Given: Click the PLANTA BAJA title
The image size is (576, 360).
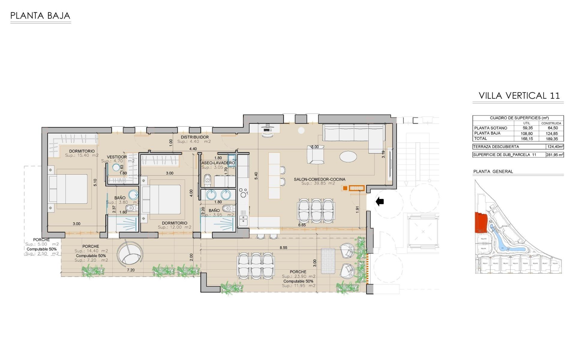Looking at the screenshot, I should click(x=40, y=16).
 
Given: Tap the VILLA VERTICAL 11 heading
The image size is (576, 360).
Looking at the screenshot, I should click(x=519, y=96).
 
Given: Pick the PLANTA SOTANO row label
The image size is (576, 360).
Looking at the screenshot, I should click(x=490, y=128).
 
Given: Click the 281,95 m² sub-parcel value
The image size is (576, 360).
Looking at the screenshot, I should click(x=554, y=155).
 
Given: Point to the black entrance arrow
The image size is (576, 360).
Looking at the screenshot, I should click(x=380, y=201).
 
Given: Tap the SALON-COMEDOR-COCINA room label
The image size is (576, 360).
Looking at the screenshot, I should click(x=319, y=179).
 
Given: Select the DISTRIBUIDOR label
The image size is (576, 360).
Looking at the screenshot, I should click(x=195, y=137).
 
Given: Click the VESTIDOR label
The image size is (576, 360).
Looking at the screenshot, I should click(x=117, y=157).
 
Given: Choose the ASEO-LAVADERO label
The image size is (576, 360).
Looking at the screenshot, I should click(x=218, y=163).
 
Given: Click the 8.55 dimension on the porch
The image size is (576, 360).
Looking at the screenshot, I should click(x=283, y=248).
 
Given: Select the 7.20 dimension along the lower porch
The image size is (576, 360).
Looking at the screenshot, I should click(x=131, y=270).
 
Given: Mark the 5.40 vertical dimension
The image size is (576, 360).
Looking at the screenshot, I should click(x=256, y=175).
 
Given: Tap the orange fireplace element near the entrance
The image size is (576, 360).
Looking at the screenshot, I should click(x=357, y=188).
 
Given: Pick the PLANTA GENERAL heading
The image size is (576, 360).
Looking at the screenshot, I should click(x=493, y=172).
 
